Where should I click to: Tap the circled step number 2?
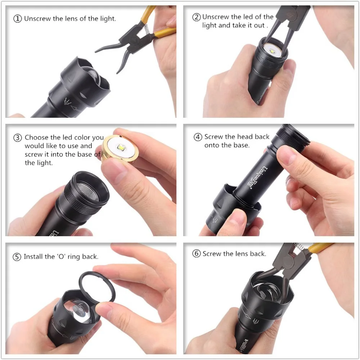[197, 17]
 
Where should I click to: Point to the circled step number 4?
[198, 137]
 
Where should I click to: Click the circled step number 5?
[17, 257]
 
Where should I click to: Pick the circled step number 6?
[197, 254]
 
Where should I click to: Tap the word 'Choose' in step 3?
[37, 138]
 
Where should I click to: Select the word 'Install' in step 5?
[33, 257]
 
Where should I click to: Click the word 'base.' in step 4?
[241, 145]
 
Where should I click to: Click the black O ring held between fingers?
[97, 288]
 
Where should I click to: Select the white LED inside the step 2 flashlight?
[273, 52]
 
